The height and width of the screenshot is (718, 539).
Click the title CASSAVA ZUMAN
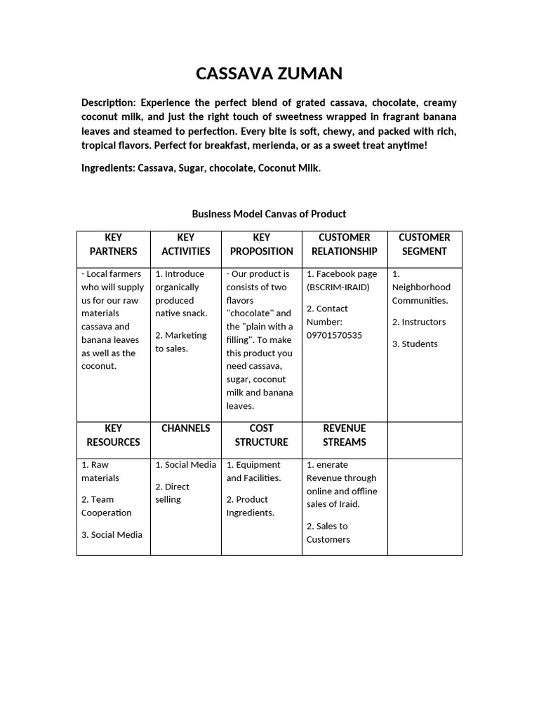tap(269, 74)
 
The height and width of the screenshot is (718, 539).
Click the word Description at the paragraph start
tap(106, 102)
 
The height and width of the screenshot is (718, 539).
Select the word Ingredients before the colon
tap(107, 168)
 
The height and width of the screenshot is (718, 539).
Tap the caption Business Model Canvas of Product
tap(269, 214)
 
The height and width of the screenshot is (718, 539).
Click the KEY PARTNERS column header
tap(114, 244)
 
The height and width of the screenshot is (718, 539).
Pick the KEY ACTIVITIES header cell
tap(186, 244)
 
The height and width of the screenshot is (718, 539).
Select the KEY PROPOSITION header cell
tap(262, 244)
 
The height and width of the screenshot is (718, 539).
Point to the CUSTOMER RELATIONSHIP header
tap(345, 244)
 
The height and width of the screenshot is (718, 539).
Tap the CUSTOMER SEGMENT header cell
tap(425, 244)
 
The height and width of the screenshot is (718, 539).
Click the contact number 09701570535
tap(334, 335)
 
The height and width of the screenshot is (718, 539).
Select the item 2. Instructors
tap(419, 322)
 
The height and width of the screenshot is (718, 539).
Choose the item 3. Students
tap(415, 344)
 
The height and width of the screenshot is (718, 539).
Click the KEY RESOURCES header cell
tap(114, 435)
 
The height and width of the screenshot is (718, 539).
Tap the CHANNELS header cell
tap(186, 428)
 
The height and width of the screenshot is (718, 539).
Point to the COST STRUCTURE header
tap(262, 435)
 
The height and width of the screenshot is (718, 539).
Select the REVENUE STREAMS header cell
tap(345, 435)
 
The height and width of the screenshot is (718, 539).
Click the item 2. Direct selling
tap(173, 493)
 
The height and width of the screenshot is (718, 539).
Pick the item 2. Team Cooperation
tap(107, 506)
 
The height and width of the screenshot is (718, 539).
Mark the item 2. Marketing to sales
tap(181, 342)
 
